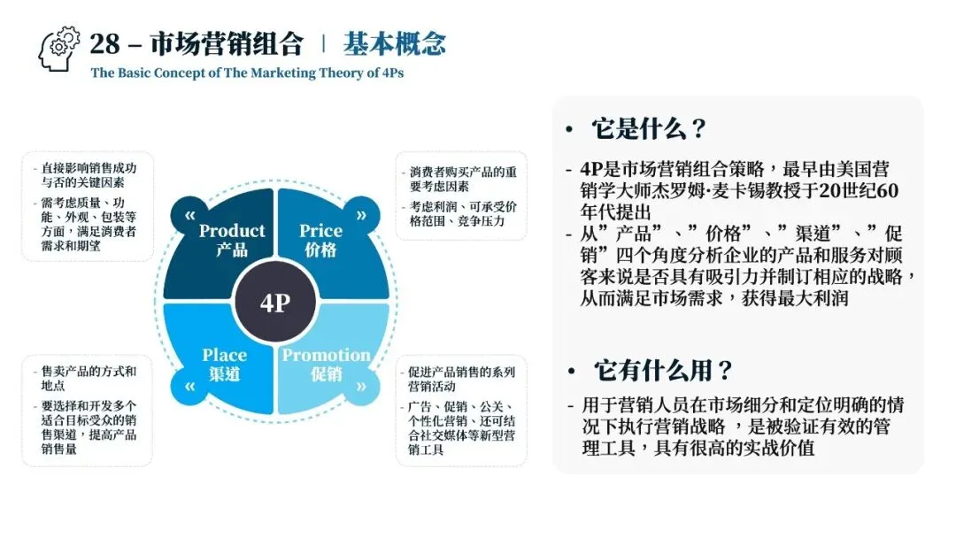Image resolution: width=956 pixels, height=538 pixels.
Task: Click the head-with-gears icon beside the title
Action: (59, 50)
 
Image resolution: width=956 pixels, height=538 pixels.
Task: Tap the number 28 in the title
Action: (105, 43)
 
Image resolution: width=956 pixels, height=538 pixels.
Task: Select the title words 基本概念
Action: (394, 43)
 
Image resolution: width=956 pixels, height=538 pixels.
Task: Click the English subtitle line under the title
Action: (247, 73)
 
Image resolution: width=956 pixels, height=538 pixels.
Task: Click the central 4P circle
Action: (275, 302)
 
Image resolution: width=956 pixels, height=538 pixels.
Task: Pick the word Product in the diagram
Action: (232, 231)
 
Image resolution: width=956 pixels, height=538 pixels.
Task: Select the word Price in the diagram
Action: (320, 231)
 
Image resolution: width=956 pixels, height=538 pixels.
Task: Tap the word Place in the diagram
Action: (225, 355)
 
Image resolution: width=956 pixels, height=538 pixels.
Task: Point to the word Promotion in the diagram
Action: (326, 355)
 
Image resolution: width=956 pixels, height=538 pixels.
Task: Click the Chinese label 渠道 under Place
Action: (225, 373)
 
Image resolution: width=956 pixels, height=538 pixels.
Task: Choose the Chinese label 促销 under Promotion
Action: (326, 373)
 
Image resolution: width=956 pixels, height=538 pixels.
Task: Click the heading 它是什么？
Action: (649, 129)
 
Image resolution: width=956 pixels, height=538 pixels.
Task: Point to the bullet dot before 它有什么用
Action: (574, 372)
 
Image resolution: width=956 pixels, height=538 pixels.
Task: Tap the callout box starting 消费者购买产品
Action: (460, 196)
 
